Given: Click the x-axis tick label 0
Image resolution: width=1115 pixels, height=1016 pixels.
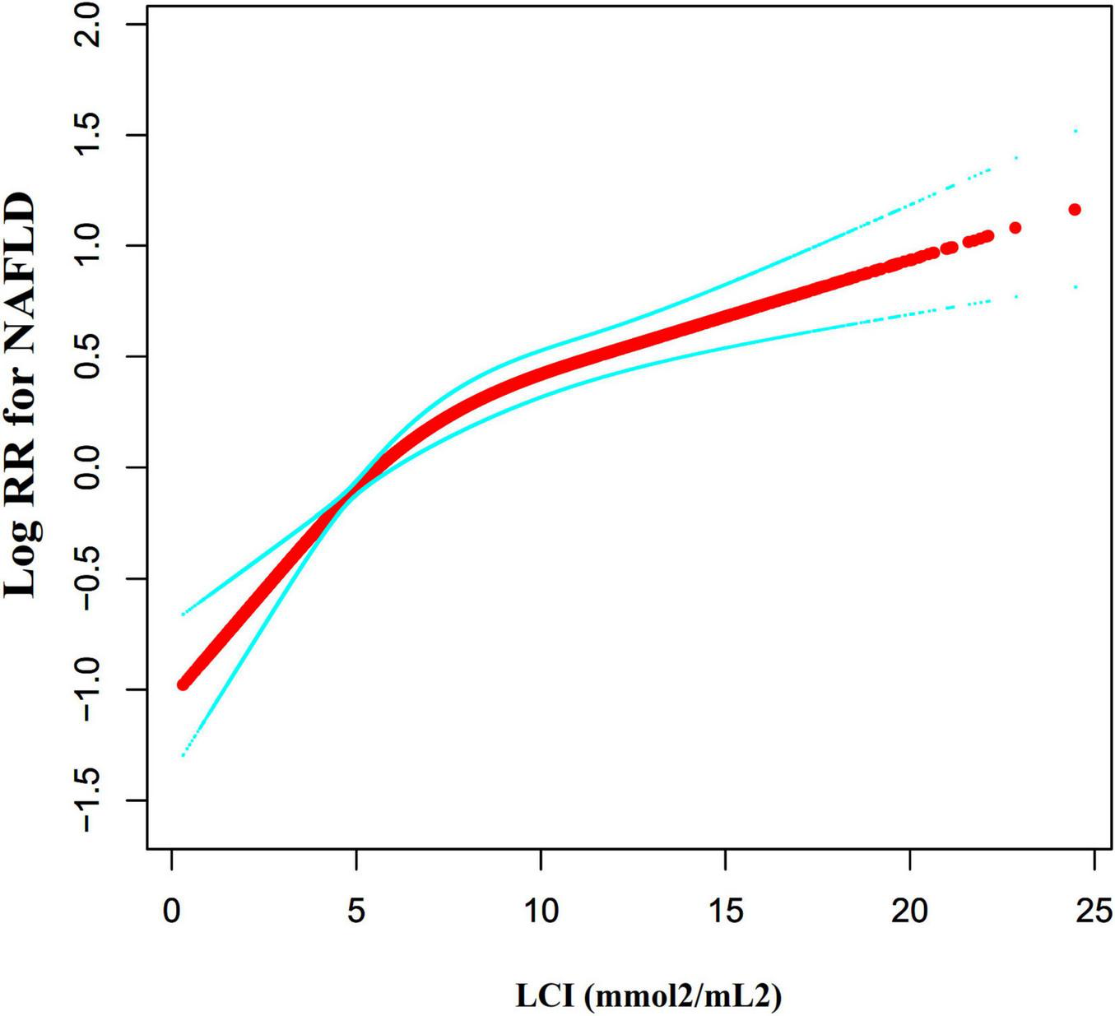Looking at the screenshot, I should pos(171,911).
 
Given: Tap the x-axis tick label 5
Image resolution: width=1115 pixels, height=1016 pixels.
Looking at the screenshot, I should pos(355,911).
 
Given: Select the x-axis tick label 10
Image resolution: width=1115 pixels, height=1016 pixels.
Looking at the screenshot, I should pos(541,911).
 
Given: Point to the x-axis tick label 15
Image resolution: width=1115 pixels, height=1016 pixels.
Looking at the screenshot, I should pos(725,911).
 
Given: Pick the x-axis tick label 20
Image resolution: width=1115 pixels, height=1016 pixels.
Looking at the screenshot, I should pos(909,911).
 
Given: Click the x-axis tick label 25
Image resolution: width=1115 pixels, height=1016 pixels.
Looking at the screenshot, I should pos(1094,911).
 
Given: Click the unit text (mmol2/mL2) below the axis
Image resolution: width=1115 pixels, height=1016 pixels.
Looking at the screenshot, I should pos(683,996).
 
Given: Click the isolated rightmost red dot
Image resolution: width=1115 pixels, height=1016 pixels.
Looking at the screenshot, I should pos(1075,210).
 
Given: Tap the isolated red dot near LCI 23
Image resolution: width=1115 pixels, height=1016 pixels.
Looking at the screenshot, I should pos(1015,227).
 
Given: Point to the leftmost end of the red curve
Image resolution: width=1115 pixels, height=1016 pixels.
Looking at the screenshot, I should pos(184,684).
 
